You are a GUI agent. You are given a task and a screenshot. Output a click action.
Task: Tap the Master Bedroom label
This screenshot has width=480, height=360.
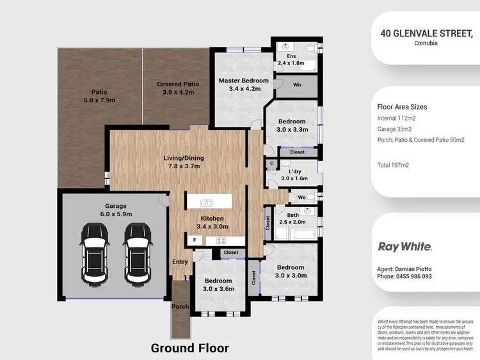tap(243, 84)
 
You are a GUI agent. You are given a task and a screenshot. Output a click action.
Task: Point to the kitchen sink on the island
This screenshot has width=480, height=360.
tap(207, 203)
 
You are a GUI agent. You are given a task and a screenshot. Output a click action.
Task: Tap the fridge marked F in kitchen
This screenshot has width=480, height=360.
tap(195, 240)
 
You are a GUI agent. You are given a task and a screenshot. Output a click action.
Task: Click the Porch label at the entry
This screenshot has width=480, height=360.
tap(180, 306)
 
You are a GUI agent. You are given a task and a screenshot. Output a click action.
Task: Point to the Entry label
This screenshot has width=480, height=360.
tap(180, 262)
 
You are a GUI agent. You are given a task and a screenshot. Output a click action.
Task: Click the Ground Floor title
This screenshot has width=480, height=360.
tap(189, 348)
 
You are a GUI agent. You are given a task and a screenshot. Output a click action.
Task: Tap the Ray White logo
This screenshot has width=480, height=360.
tap(404, 246)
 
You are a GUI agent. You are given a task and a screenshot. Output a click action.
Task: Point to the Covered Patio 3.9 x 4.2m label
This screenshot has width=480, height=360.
tap(178, 88)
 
